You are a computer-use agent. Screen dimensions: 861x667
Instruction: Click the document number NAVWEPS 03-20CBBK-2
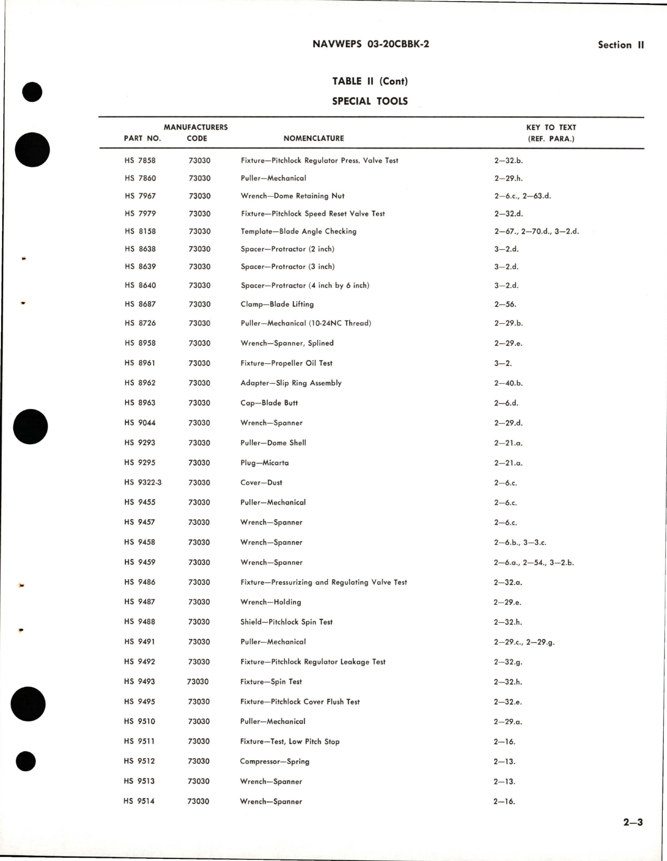tap(370, 45)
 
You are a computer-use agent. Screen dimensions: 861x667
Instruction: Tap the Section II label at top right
tap(620, 45)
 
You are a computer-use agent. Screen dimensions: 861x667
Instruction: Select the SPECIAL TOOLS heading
tap(370, 101)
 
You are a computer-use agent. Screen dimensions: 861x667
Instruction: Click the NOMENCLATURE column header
tap(314, 139)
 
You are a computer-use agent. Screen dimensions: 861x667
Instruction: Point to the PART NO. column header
tap(142, 139)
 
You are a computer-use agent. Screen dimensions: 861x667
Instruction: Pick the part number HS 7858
tap(140, 161)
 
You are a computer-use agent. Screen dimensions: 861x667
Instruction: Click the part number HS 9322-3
tap(143, 482)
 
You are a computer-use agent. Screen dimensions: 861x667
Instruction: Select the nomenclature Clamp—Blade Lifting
tap(277, 304)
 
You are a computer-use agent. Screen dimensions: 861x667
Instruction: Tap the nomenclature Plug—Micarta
tap(264, 463)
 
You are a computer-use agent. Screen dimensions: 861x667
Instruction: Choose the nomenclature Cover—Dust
tap(261, 482)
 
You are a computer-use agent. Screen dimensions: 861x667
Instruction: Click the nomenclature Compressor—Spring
tap(274, 761)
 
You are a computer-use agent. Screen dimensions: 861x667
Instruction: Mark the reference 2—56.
tap(505, 304)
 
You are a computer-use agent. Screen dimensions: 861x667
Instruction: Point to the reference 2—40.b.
tap(508, 383)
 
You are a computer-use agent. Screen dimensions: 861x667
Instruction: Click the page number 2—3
tap(633, 823)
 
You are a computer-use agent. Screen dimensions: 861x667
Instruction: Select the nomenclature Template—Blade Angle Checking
tap(299, 232)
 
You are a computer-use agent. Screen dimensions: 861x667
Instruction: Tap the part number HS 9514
tap(140, 802)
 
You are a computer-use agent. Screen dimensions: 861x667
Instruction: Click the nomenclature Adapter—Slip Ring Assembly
tap(291, 383)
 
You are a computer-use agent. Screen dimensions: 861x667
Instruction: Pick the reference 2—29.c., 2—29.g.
tap(524, 642)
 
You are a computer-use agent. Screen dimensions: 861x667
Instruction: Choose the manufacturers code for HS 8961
tap(199, 363)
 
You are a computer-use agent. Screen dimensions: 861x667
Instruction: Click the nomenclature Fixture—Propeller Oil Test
tap(287, 363)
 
